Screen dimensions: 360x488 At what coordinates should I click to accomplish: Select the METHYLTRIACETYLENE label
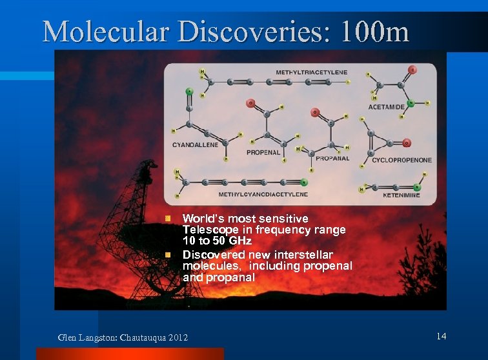point(311,72)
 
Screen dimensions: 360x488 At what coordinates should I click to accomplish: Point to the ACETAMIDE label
point(386,106)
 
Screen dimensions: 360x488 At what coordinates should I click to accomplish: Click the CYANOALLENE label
point(195,145)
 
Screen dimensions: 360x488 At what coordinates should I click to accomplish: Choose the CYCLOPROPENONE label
point(402,160)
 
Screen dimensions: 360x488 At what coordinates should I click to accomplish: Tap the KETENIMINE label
point(401,194)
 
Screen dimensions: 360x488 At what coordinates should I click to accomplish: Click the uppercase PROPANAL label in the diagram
point(333,158)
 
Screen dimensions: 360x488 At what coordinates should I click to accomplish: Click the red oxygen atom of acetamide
point(412,70)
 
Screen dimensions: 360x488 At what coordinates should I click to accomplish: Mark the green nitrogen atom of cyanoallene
point(189,91)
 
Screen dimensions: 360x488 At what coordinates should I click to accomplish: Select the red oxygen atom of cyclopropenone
point(407,143)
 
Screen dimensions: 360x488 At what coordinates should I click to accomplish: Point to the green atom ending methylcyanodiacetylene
point(303,182)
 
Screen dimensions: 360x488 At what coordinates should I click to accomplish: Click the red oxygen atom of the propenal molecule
point(250,103)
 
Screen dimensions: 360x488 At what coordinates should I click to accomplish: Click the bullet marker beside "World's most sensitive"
point(167,219)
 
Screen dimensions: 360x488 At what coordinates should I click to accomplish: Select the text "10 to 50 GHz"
point(217,241)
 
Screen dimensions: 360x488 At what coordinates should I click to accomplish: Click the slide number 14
point(442,336)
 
